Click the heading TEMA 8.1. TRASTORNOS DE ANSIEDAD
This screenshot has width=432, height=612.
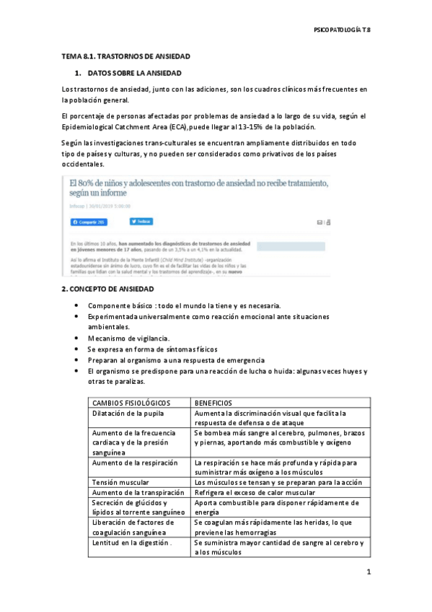125,56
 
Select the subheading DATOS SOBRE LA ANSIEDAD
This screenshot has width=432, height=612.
135,74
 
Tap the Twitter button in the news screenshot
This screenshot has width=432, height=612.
141,221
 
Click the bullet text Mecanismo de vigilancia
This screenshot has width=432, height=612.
128,338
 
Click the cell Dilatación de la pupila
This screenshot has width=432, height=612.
128,413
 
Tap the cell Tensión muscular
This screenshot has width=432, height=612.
121,481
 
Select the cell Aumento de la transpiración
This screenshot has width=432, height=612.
136,492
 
